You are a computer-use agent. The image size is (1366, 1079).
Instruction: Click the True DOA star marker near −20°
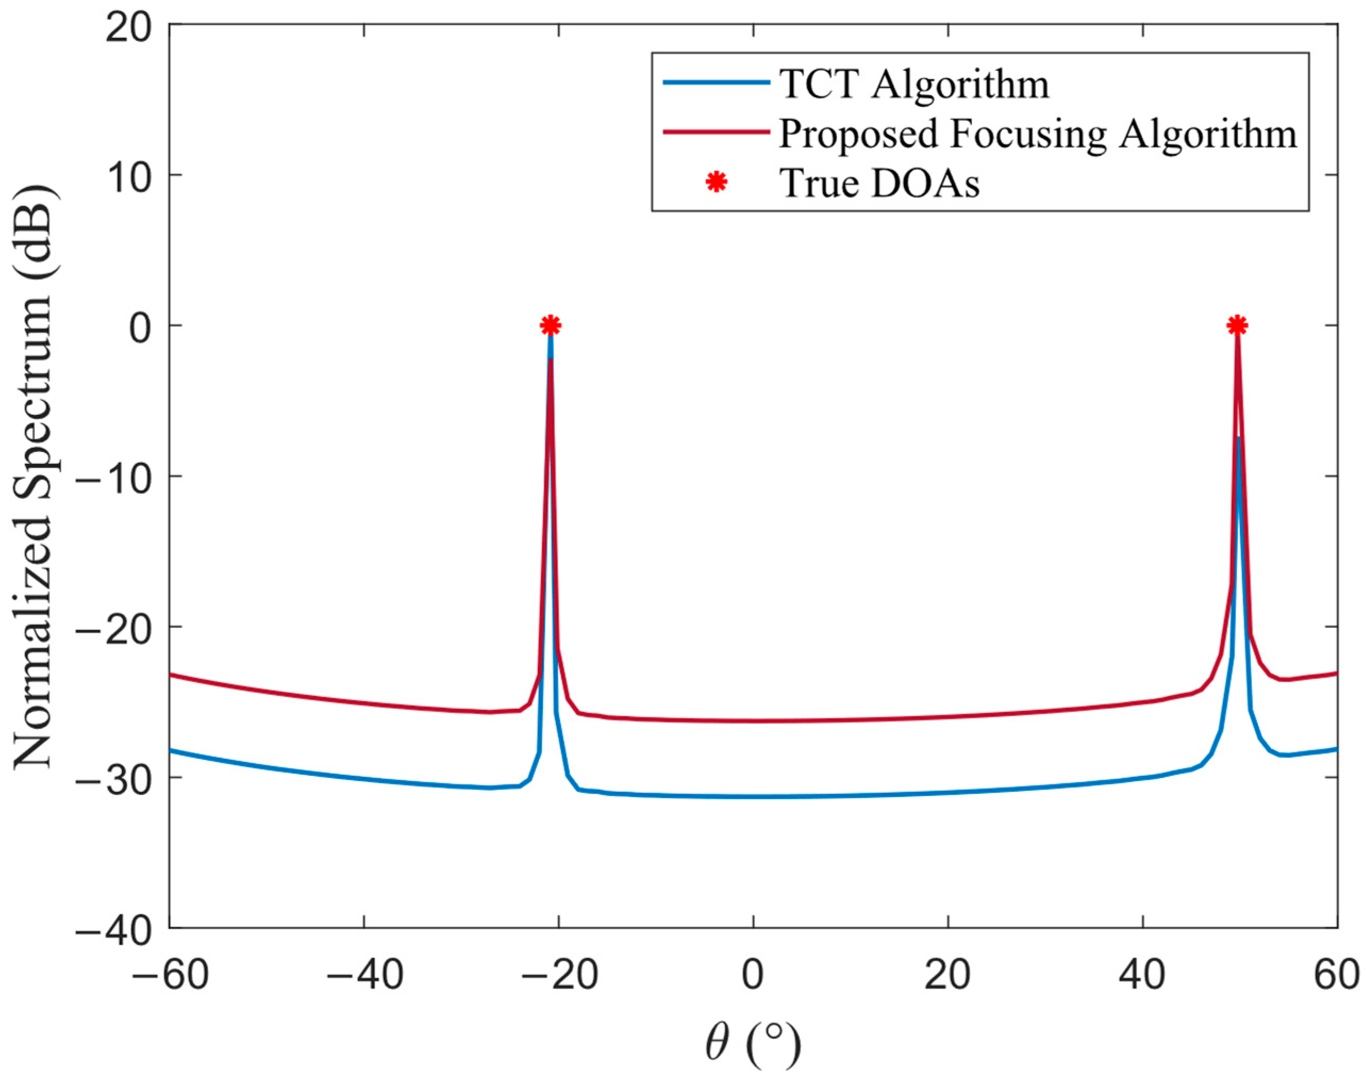(551, 325)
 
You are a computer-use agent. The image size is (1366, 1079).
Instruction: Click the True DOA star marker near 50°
(1237, 325)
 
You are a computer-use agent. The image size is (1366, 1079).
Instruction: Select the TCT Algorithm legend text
(914, 83)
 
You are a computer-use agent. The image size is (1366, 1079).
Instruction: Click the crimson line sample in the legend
(717, 132)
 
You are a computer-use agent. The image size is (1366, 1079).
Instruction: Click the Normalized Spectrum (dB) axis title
(35, 478)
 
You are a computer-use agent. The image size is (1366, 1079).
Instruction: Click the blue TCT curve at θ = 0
(753, 797)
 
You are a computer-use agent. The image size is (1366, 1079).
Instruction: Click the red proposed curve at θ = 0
(753, 721)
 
